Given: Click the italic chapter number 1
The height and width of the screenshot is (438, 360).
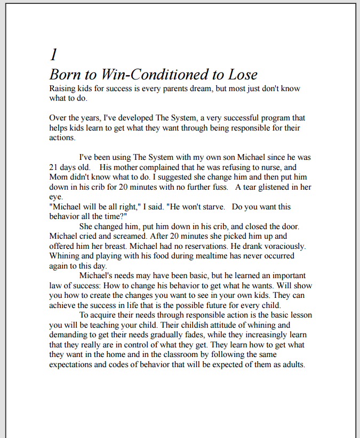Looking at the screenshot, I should click(x=53, y=54).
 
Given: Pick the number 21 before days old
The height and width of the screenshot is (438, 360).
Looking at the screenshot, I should click(x=53, y=167).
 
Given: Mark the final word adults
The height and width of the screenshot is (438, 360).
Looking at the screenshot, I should click(x=291, y=365).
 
